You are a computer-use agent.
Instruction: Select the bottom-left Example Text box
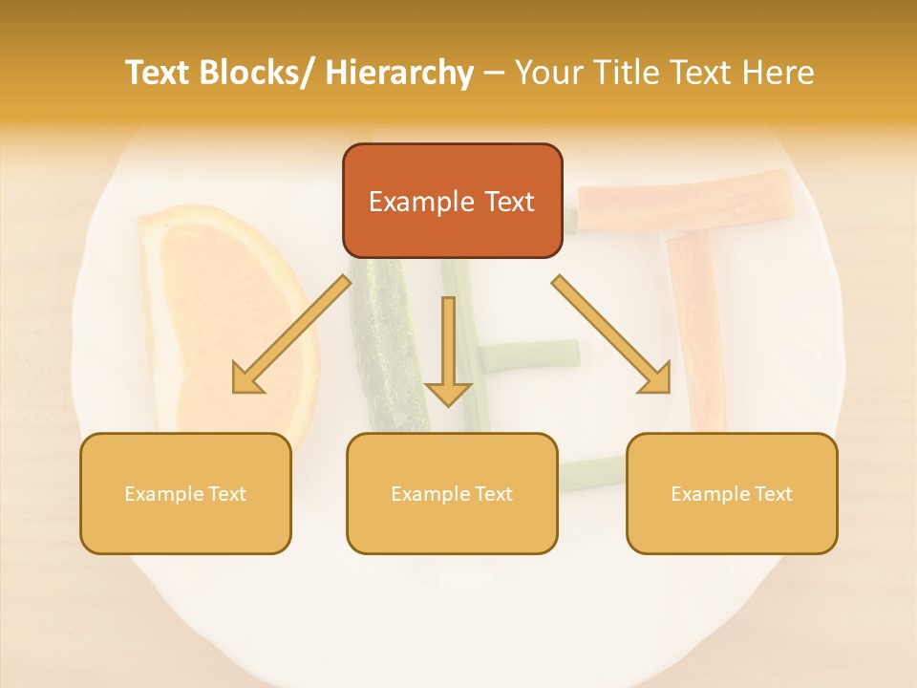point(185,493)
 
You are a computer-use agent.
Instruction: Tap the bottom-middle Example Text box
point(452,493)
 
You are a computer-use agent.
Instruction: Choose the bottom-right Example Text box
point(732,493)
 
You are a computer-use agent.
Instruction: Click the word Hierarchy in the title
point(399,73)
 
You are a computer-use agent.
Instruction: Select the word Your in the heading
point(546,73)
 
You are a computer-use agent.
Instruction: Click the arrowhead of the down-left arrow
point(246,379)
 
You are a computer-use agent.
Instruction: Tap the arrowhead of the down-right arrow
point(656,379)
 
